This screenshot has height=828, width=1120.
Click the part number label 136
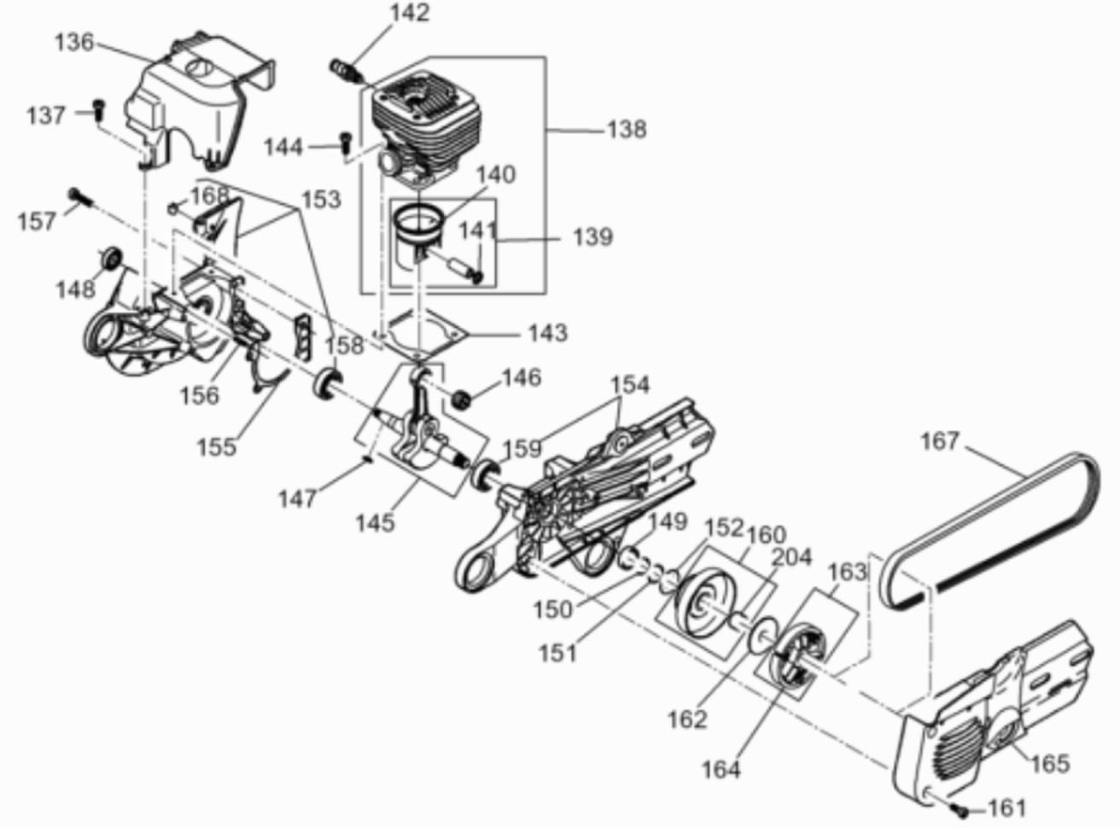(x=74, y=43)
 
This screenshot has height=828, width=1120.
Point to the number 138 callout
(x=627, y=130)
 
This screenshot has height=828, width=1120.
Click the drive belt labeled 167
(x=989, y=531)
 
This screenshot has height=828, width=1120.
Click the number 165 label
(x=1050, y=763)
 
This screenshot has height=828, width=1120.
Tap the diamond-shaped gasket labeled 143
(x=423, y=333)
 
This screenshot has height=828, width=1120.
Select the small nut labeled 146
(x=462, y=399)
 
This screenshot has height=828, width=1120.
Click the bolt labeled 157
(x=81, y=197)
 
